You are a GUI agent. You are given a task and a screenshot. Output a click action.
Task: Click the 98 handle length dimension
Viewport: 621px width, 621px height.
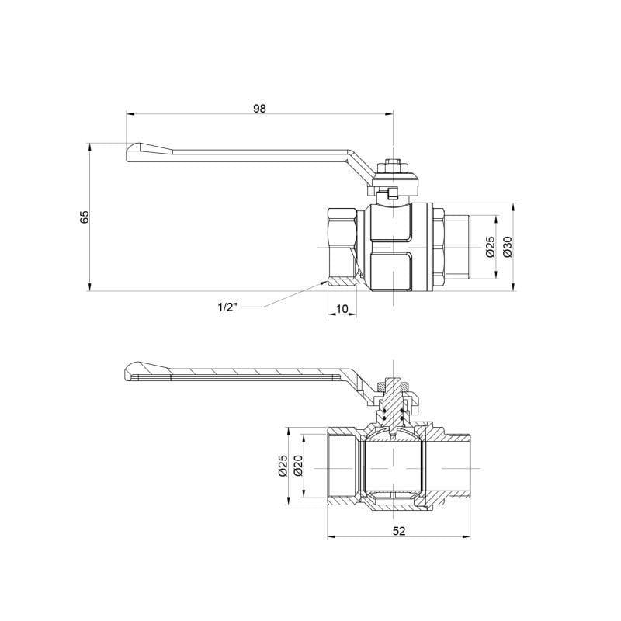259,109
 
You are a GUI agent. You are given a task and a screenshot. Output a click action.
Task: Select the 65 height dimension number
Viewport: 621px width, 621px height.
85,217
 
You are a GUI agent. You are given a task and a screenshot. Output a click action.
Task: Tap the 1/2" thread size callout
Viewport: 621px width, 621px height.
227,307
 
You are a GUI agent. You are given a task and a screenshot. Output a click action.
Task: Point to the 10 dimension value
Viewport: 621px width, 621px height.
342,309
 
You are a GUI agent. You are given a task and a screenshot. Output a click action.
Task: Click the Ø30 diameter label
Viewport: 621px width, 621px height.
507,246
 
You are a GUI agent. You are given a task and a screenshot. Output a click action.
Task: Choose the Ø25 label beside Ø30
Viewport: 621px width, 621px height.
490,246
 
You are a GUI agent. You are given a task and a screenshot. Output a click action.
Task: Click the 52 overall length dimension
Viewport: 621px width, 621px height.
398,531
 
